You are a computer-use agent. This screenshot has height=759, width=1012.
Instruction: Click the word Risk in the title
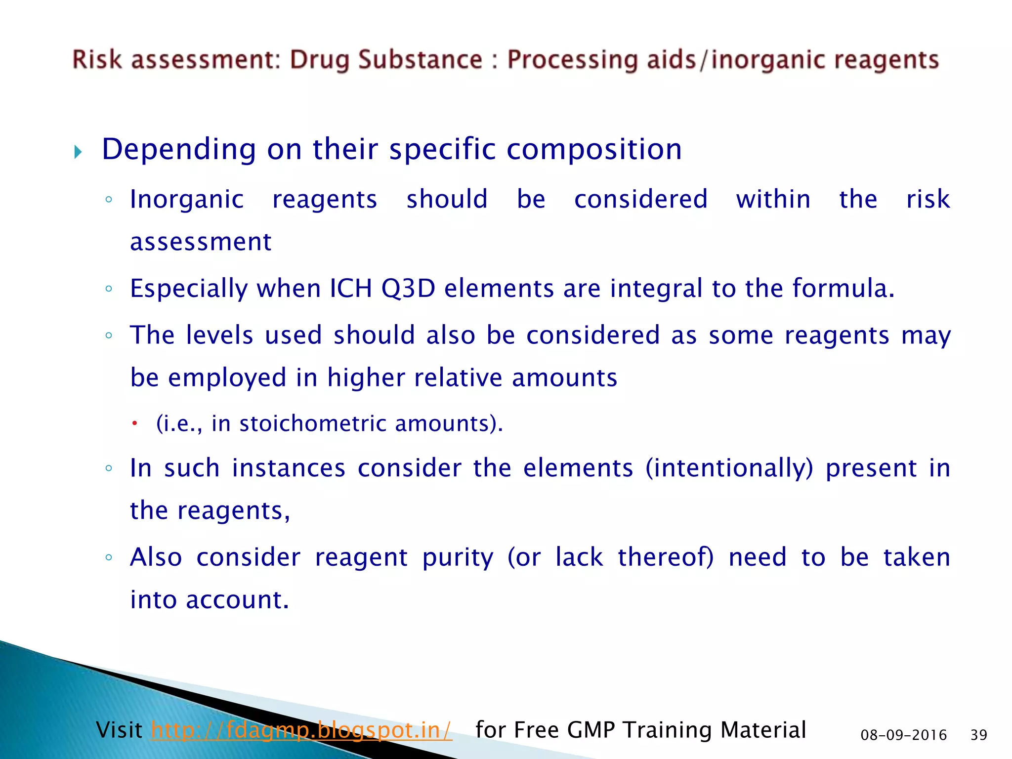[x=97, y=60]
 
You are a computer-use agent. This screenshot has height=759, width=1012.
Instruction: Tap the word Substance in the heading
[x=420, y=60]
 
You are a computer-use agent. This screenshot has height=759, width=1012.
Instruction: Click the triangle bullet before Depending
[x=78, y=152]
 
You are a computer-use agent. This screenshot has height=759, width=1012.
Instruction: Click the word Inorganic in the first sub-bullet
[x=187, y=200]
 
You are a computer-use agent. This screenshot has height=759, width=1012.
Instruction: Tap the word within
[x=773, y=200]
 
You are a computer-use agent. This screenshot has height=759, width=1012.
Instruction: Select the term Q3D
[x=408, y=289]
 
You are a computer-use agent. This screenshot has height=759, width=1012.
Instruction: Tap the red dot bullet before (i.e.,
[x=134, y=423]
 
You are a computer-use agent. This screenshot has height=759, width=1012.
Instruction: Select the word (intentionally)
[x=729, y=468]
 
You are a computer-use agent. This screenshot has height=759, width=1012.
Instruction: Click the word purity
[x=458, y=558]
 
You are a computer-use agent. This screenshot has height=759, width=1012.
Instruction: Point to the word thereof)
[x=666, y=557]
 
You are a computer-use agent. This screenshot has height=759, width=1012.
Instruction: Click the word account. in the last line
[x=237, y=600]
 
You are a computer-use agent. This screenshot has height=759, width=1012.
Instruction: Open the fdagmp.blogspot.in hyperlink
[x=301, y=730]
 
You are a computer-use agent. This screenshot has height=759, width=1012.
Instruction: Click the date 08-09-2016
[x=903, y=735]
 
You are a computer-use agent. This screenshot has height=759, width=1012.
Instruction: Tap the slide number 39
[x=978, y=735]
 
